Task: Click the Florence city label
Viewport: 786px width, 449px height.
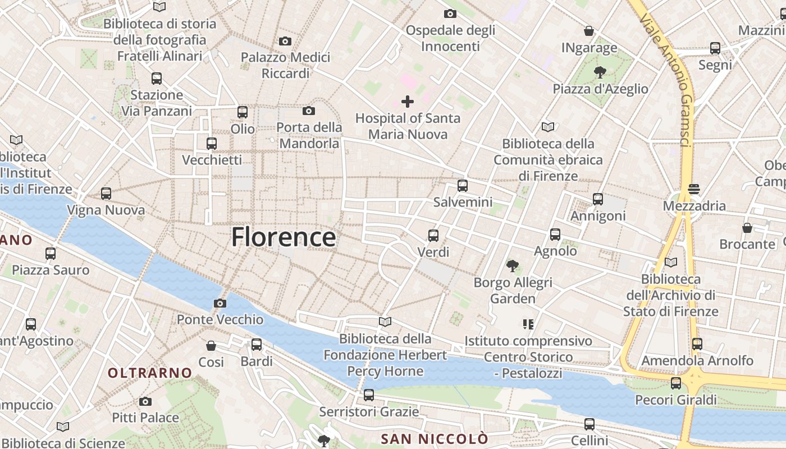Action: point(284,237)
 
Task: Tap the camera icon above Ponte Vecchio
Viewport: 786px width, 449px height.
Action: point(220,304)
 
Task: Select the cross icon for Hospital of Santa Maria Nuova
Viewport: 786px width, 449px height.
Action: point(408,102)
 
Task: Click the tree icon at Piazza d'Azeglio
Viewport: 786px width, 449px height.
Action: point(600,72)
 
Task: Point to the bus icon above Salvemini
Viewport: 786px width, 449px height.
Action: point(463,186)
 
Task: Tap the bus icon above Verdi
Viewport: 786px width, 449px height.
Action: point(433,236)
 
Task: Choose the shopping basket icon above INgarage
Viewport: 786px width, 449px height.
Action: point(589,31)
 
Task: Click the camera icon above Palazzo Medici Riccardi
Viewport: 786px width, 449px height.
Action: point(285,41)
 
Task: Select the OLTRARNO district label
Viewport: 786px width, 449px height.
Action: point(150,373)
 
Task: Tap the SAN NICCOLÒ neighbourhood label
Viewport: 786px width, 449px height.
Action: point(435,438)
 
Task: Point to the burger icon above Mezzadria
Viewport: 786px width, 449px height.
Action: point(694,189)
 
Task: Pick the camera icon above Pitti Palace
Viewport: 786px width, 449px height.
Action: point(145,401)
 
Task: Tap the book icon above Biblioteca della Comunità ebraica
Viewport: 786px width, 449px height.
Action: point(548,127)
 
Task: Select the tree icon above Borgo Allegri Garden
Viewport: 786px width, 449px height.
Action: point(513,265)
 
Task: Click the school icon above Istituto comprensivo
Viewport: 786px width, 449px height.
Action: point(528,324)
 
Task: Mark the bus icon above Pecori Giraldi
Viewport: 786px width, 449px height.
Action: point(676,383)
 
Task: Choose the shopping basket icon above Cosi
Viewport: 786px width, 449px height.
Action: point(211,346)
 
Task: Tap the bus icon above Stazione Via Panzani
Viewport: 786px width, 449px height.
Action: point(157,79)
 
